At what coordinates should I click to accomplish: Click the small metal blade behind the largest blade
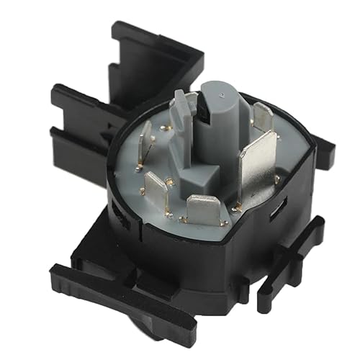(x=262, y=117)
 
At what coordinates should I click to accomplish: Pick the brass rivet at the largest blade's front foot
(x=237, y=207)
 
